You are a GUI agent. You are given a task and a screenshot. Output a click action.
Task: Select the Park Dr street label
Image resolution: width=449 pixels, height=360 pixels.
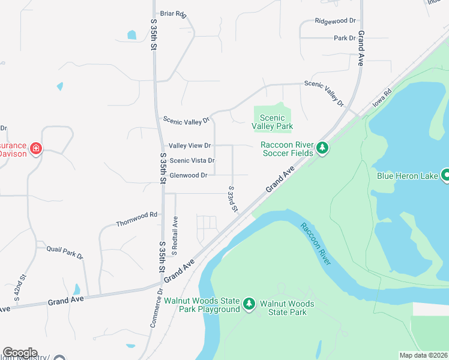point(345,38)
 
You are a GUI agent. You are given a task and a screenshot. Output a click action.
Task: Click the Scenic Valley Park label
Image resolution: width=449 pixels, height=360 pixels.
point(273,122)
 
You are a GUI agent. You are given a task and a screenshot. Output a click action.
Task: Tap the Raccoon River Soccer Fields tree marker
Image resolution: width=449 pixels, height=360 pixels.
point(322,148)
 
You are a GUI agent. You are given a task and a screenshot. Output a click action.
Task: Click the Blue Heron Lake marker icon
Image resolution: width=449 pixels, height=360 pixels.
point(445,175)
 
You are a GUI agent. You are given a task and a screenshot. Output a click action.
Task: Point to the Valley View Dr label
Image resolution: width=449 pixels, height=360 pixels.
point(190,146)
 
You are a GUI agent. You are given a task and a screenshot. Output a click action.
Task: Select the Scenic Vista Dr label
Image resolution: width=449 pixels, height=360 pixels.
point(192,161)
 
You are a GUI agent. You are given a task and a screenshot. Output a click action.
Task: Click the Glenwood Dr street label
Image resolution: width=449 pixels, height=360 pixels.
point(188,175)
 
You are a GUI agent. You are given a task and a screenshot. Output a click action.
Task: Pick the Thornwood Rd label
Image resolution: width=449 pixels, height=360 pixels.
point(136,214)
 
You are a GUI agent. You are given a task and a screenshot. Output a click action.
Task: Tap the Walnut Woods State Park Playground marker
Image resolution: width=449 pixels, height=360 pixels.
point(250,305)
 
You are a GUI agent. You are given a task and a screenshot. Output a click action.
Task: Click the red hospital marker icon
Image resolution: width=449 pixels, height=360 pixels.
point(36,148)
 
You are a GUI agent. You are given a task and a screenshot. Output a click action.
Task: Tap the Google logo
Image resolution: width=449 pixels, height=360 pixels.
point(20,352)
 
